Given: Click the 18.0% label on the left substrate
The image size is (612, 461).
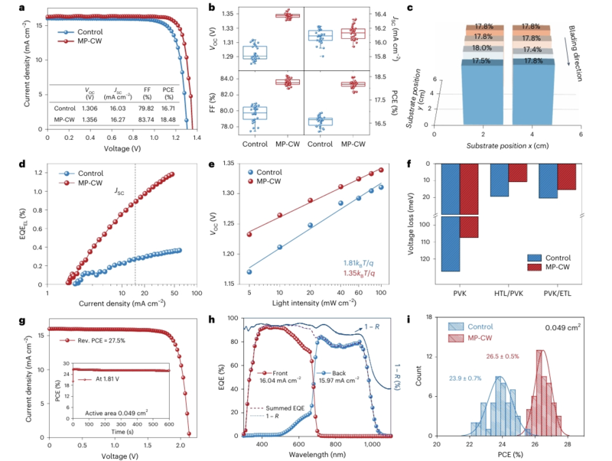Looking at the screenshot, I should point(482,47).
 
